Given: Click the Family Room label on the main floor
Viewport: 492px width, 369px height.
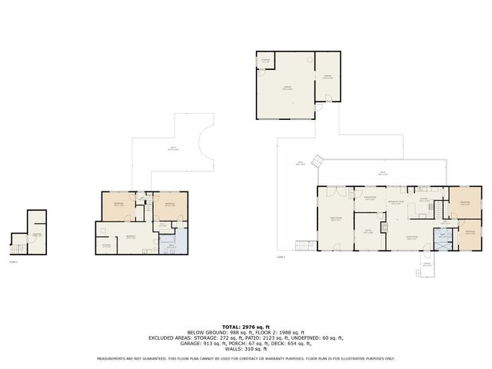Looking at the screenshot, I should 335,218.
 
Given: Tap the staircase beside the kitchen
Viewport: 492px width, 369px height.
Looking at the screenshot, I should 441,210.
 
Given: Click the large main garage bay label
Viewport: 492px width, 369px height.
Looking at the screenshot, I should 286,88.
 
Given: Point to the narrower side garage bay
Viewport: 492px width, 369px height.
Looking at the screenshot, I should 327,77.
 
